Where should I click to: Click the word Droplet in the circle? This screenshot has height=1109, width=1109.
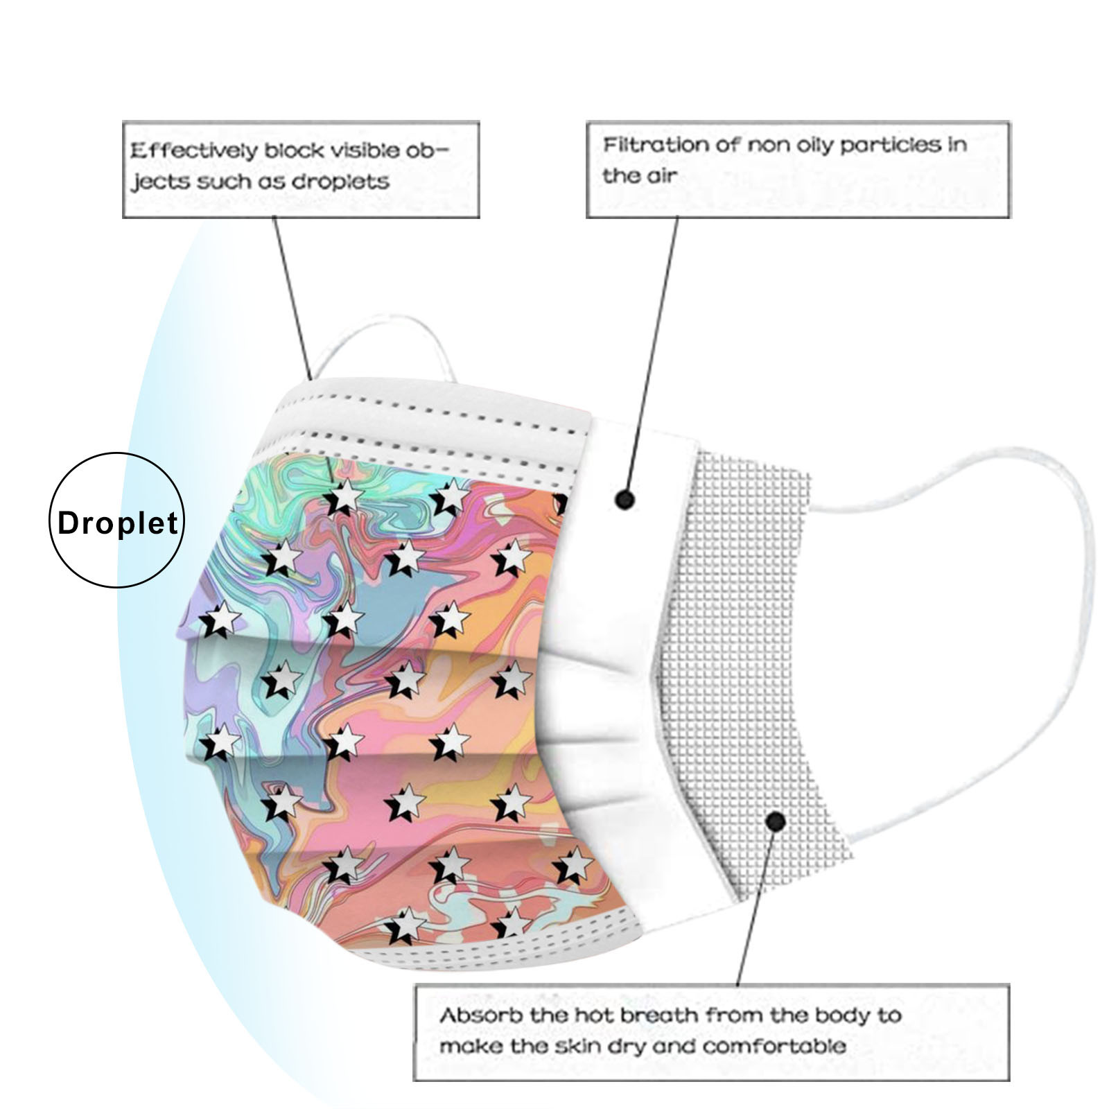(118, 523)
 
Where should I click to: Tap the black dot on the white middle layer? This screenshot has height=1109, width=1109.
(625, 499)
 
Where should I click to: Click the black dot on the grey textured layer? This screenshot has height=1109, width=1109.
(776, 822)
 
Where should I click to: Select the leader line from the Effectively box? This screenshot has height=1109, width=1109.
(291, 298)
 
